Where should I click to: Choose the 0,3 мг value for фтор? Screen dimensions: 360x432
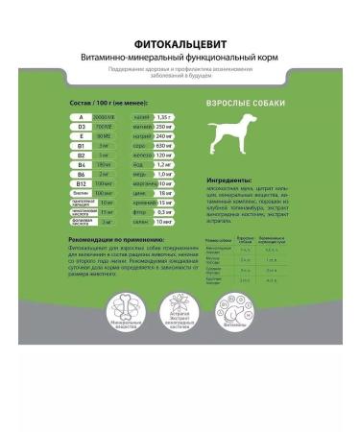click(163, 211)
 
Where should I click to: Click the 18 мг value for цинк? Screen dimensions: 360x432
click(163, 192)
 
